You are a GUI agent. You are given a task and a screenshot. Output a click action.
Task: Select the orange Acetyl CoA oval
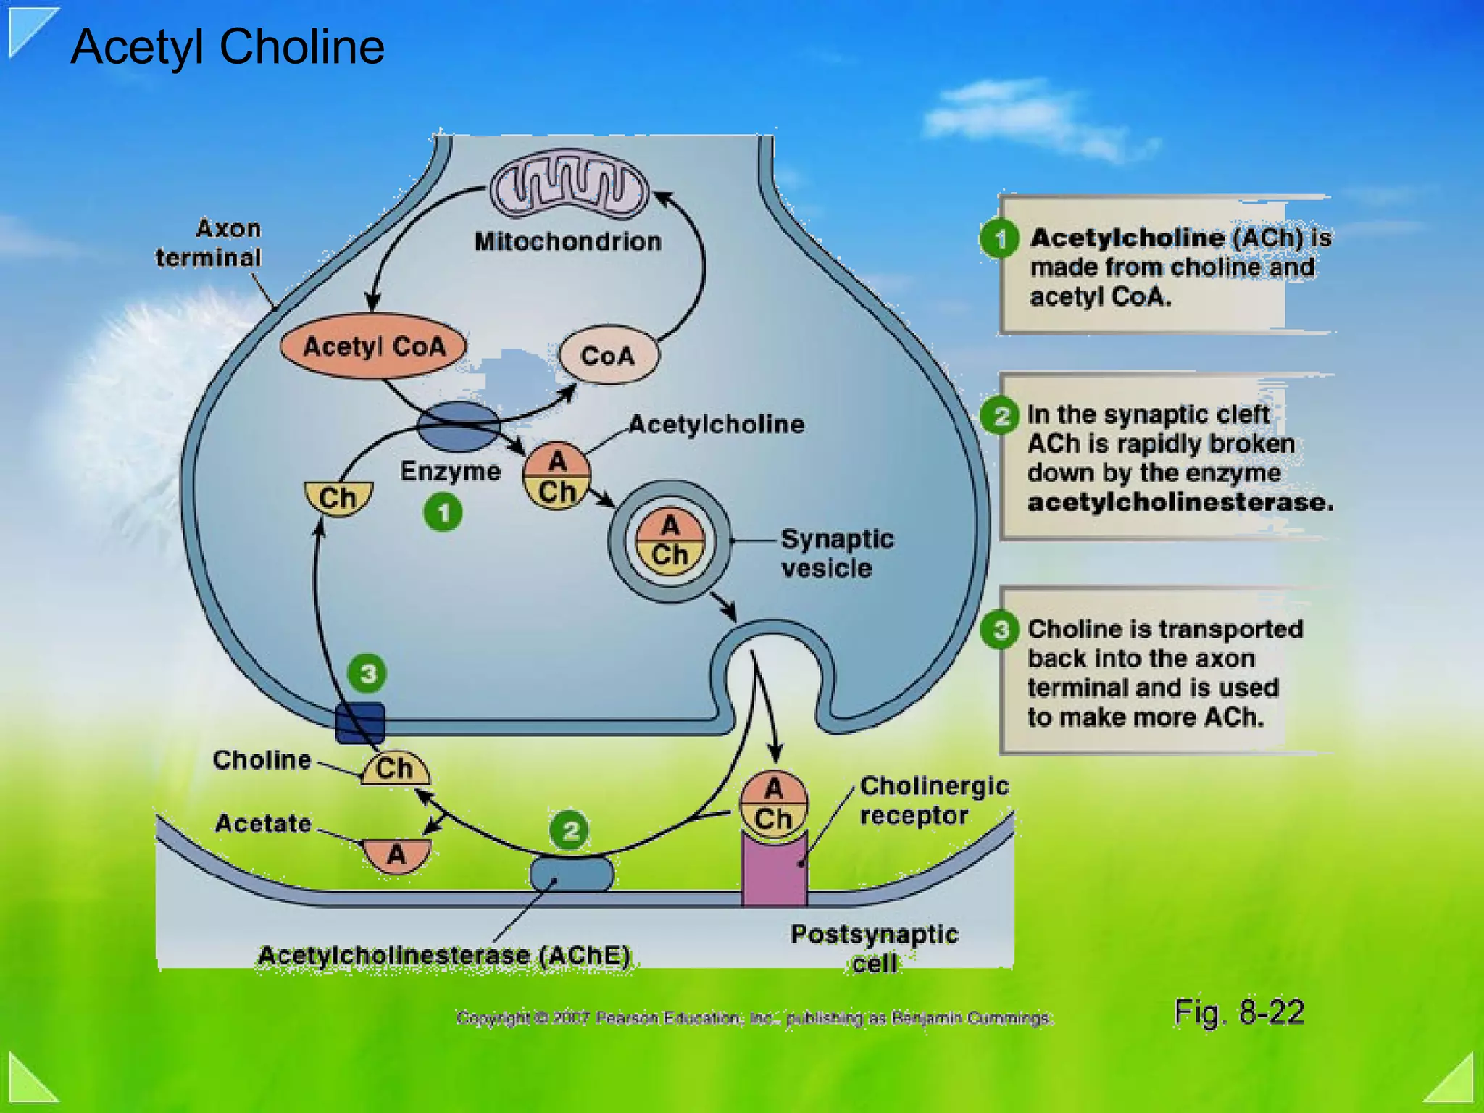coord(373,346)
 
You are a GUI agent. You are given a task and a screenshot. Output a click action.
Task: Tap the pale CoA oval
coord(608,355)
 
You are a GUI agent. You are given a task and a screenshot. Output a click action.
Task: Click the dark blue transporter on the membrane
coord(360,722)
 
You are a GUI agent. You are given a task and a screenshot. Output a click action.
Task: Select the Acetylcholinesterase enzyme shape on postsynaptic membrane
coord(572,873)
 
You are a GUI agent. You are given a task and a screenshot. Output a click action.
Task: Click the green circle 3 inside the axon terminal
coord(367,673)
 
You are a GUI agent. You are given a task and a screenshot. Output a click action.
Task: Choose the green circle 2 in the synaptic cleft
coord(570,830)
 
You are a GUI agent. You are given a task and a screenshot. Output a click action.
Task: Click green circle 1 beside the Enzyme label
coord(443,512)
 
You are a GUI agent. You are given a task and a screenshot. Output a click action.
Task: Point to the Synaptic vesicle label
coord(836,554)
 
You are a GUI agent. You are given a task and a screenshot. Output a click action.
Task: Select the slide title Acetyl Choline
coord(228,47)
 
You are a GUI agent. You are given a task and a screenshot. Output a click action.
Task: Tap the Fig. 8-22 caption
coord(1239,1012)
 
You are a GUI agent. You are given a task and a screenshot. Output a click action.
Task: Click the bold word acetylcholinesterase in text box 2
coord(1180,502)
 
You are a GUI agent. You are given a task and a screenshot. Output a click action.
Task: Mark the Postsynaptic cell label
coord(874,948)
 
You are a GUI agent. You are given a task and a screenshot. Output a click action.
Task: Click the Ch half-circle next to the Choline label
coord(395,769)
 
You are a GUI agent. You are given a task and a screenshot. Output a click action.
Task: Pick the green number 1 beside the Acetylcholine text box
coord(1000,238)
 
